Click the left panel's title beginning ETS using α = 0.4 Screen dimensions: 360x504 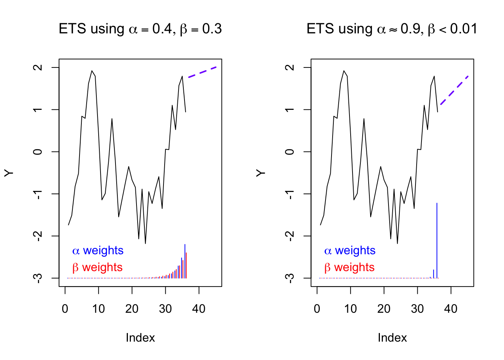140,29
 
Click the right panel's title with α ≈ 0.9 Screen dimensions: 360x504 392,29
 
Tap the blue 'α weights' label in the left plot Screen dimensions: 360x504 98,250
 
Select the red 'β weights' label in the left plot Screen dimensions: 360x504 97,267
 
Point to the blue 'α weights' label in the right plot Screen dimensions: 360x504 350,250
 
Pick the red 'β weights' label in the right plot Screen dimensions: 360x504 349,267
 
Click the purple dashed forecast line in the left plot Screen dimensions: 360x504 202,72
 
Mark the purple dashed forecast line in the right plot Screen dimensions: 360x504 454,90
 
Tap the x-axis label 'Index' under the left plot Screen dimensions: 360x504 140,338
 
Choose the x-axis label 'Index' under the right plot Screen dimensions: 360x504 392,338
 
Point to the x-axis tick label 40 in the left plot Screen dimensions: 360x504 199,309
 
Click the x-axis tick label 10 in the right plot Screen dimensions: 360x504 351,309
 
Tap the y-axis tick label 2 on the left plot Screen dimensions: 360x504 37,67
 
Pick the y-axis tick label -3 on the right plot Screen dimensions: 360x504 289,278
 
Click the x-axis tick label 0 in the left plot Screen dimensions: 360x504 65,309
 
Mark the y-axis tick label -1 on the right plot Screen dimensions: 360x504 289,194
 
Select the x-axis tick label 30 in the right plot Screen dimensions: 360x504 417,309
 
